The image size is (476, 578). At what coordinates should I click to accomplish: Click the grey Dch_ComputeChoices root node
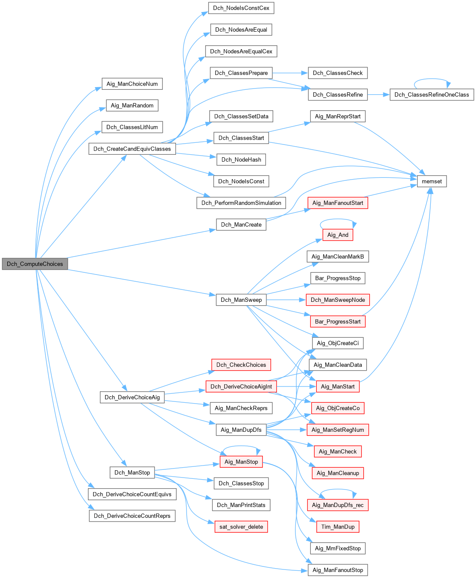[35, 264]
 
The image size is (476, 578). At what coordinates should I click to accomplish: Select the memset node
[432, 181]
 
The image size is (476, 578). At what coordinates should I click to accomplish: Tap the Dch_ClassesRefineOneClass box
[432, 94]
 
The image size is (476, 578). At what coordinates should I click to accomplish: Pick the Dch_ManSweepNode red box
[338, 300]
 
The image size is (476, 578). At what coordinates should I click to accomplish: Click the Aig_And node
[338, 235]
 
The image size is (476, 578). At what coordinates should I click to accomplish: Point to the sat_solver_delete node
[241, 527]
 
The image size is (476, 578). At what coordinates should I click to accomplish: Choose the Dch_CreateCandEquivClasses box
[132, 149]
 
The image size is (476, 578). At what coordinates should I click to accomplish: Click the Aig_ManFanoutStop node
[338, 570]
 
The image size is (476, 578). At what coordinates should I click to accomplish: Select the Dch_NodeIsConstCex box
[241, 8]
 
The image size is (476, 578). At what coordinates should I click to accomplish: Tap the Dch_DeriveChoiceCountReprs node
[132, 516]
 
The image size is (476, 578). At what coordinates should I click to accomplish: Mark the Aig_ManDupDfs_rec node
[338, 505]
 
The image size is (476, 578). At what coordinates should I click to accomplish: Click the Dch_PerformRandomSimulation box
[241, 203]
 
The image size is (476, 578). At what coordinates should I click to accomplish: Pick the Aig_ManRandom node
[132, 106]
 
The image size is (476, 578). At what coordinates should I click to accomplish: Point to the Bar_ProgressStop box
[338, 278]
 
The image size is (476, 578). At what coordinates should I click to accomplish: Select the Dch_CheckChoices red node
[241, 365]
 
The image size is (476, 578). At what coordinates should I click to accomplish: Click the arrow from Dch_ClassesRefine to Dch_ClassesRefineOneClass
[378, 94]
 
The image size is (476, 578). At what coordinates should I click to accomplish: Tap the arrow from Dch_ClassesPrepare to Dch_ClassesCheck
[290, 73]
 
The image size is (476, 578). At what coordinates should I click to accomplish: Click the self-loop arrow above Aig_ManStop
[241, 447]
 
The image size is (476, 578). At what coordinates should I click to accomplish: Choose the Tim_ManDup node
[338, 527]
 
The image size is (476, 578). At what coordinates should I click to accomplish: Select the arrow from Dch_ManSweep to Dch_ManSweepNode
[286, 300]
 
